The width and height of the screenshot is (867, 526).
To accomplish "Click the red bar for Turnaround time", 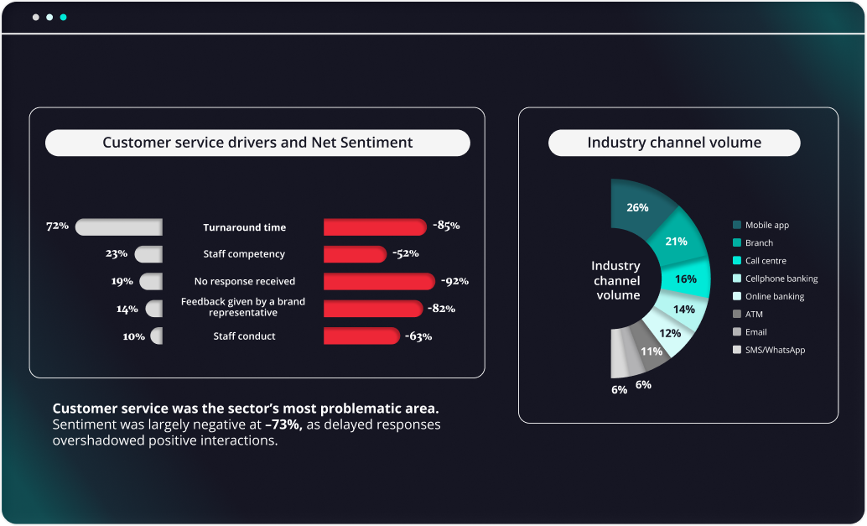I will (375, 227).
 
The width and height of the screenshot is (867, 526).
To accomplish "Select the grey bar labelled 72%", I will (118, 227).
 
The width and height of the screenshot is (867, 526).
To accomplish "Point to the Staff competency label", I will (244, 254).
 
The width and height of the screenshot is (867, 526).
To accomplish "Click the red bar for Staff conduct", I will (361, 336).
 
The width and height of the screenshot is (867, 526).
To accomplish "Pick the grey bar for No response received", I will (152, 281).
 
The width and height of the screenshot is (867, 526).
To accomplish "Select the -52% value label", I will (404, 254).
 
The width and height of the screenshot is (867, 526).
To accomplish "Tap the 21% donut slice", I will (676, 242).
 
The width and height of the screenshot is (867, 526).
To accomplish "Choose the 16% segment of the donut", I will (685, 279).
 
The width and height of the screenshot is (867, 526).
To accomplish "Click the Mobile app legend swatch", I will (736, 225).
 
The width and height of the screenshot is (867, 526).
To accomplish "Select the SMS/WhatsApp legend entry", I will (774, 350).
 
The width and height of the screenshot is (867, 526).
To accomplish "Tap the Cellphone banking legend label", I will (781, 279).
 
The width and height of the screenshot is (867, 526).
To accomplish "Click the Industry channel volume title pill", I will (674, 143).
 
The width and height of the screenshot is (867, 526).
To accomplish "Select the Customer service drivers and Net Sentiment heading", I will (257, 143).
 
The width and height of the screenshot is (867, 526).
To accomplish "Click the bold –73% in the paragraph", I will (283, 424).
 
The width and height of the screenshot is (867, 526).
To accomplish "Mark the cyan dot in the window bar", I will (64, 17).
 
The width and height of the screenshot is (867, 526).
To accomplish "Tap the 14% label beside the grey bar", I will (127, 309).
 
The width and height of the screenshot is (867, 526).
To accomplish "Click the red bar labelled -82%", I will (373, 309).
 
